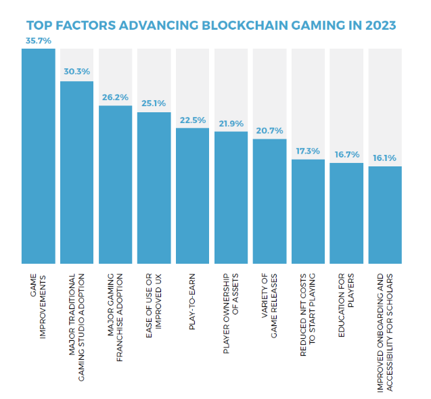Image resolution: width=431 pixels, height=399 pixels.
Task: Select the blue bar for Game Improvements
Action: pyautogui.click(x=38, y=156)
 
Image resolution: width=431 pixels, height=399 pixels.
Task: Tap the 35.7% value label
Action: pyautogui.click(x=38, y=41)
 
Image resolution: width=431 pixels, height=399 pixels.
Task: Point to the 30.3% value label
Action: pyautogui.click(x=76, y=71)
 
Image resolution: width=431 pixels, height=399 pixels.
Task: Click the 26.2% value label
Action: pyautogui.click(x=115, y=96)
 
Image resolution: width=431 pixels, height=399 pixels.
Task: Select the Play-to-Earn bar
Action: pyautogui.click(x=192, y=195)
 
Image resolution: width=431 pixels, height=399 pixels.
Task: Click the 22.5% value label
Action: pyautogui.click(x=192, y=120)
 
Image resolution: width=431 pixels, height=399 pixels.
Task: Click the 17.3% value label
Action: pyautogui.click(x=308, y=150)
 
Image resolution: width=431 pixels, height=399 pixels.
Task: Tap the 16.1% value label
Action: pyautogui.click(x=385, y=158)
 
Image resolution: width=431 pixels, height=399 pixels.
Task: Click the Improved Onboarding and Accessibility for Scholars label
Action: pyautogui.click(x=385, y=333)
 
